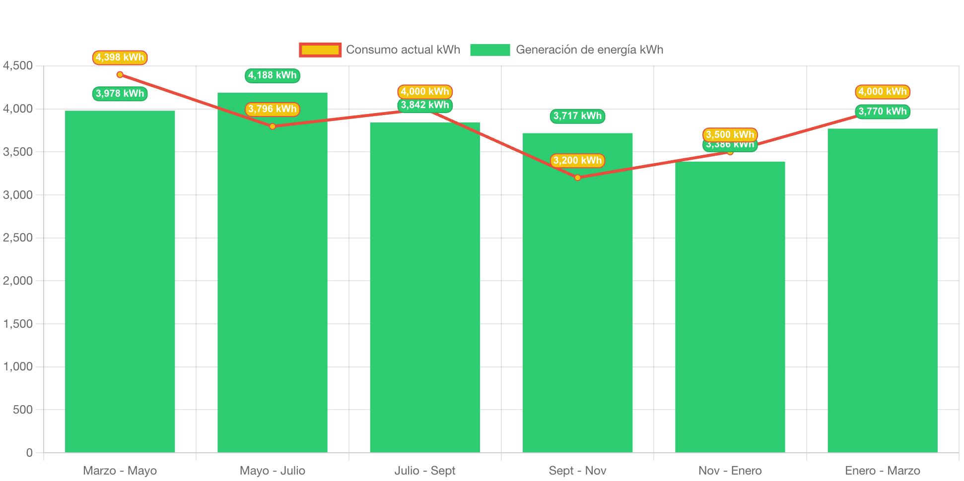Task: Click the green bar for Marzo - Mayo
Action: [x=120, y=281]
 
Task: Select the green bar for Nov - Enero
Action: [x=730, y=306]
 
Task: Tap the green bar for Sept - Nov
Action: [x=577, y=293]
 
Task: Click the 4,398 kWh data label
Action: [x=120, y=58]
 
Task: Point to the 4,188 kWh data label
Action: [x=272, y=75]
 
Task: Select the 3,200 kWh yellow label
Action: [x=577, y=161]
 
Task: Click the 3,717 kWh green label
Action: [x=577, y=116]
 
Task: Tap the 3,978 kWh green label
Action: [x=120, y=94]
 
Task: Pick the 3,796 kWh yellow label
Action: [x=272, y=109]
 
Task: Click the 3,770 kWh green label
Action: [x=882, y=112]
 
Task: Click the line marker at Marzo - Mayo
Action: [x=120, y=75]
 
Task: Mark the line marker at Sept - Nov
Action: [x=577, y=178]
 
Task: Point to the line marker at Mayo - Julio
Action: [x=273, y=126]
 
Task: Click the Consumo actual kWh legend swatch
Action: [x=320, y=50]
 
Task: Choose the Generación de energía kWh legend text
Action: [x=589, y=50]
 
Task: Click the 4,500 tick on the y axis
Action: [x=18, y=65]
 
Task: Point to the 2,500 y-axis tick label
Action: [x=18, y=238]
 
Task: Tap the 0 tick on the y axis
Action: [x=29, y=452]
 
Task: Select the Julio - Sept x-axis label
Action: [x=425, y=471]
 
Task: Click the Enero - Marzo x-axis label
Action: [x=882, y=471]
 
